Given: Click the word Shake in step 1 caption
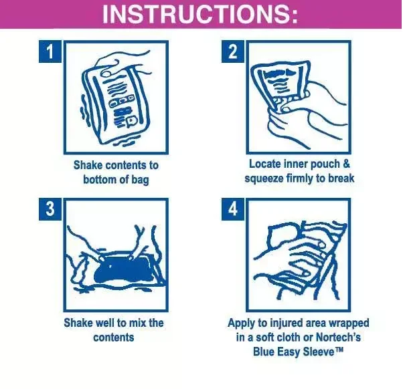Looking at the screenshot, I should point(88,165).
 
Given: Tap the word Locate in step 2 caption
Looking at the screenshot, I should point(265,164).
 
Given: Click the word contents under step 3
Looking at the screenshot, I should point(114,337).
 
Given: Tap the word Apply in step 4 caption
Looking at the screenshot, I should point(241,323).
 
